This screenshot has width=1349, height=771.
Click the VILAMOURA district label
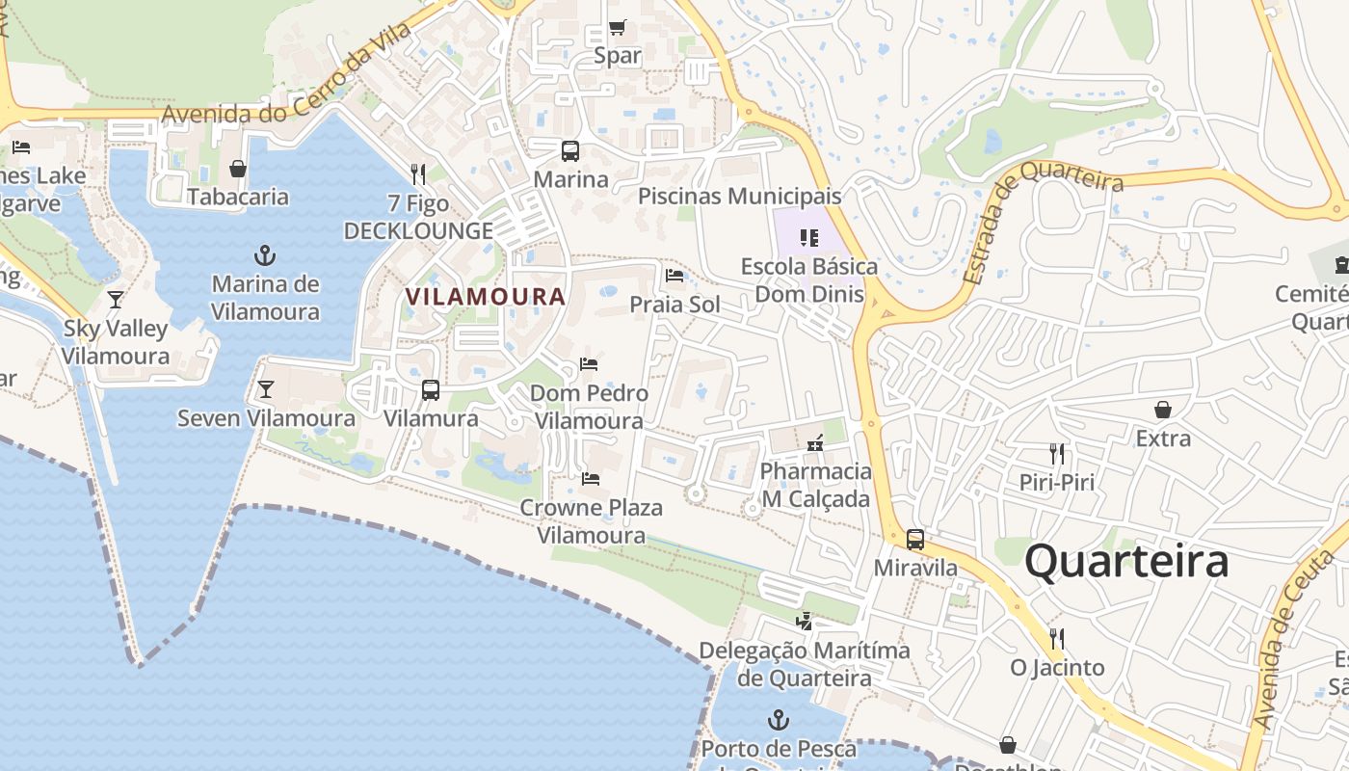(486, 297)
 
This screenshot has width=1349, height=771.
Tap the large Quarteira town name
(1126, 561)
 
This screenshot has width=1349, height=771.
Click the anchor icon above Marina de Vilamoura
(265, 255)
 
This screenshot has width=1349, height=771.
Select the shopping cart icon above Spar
(618, 27)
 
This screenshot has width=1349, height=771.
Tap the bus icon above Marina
(570, 151)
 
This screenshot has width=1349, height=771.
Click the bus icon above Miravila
(915, 540)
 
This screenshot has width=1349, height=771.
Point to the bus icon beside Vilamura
(431, 390)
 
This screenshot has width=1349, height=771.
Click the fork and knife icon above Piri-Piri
(1057, 453)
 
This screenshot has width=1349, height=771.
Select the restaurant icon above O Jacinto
(1057, 638)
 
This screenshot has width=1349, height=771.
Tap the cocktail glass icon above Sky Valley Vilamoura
(116, 299)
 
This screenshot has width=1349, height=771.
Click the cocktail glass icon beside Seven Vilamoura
(266, 389)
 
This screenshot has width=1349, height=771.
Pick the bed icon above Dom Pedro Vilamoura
(589, 364)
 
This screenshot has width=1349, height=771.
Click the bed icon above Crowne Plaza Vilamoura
(591, 478)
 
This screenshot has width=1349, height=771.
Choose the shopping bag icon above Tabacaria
(238, 169)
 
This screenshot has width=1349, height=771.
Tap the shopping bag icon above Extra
(1163, 410)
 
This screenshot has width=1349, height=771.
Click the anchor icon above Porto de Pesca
(778, 720)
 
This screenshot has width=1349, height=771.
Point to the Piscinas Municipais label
(739, 197)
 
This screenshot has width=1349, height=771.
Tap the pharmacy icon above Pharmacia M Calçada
(815, 443)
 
